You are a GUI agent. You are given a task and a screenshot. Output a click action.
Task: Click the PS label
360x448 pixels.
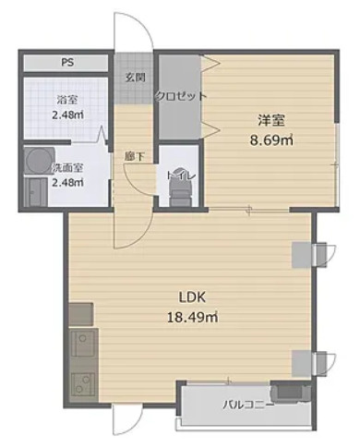67,63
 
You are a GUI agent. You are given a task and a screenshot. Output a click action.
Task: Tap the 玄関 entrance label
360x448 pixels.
135,78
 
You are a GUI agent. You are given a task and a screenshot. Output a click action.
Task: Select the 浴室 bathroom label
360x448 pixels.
67,100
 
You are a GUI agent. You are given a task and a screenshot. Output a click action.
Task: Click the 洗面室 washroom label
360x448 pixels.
67,168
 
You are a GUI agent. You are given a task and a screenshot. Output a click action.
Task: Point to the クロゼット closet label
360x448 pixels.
181,96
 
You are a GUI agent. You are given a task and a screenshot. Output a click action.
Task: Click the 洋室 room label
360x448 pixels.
270,120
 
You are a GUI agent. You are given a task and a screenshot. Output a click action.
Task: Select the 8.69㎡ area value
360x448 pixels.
271,140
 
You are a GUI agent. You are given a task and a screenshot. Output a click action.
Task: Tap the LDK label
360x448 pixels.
192,297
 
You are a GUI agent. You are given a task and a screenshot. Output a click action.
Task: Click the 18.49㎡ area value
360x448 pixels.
193,317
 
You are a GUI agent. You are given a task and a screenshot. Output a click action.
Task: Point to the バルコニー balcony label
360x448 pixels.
248,405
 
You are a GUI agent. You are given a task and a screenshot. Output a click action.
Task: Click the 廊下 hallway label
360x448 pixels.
135,157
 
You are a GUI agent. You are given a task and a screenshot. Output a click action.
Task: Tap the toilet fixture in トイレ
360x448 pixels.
181,192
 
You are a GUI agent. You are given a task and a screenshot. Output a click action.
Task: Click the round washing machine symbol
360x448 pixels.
40,161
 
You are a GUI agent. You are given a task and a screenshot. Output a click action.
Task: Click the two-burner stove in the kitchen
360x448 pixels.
82,385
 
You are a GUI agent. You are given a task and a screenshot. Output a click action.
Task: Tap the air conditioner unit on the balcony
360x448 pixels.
290,394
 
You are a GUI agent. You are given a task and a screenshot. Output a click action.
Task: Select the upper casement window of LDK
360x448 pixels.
324,255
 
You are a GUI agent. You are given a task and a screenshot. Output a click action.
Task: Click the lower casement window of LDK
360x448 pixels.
324,364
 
